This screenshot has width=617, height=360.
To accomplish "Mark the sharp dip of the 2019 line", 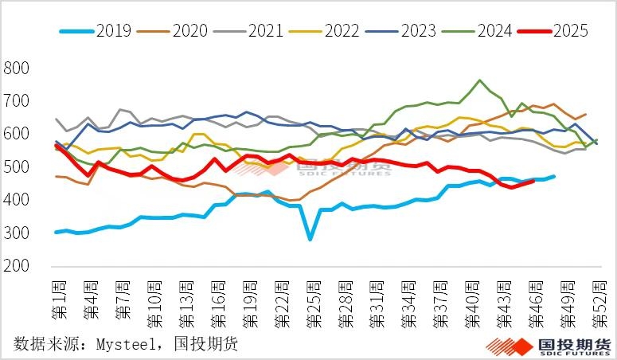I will click(x=310, y=239).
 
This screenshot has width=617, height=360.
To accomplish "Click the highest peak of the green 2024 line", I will click(x=479, y=80).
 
